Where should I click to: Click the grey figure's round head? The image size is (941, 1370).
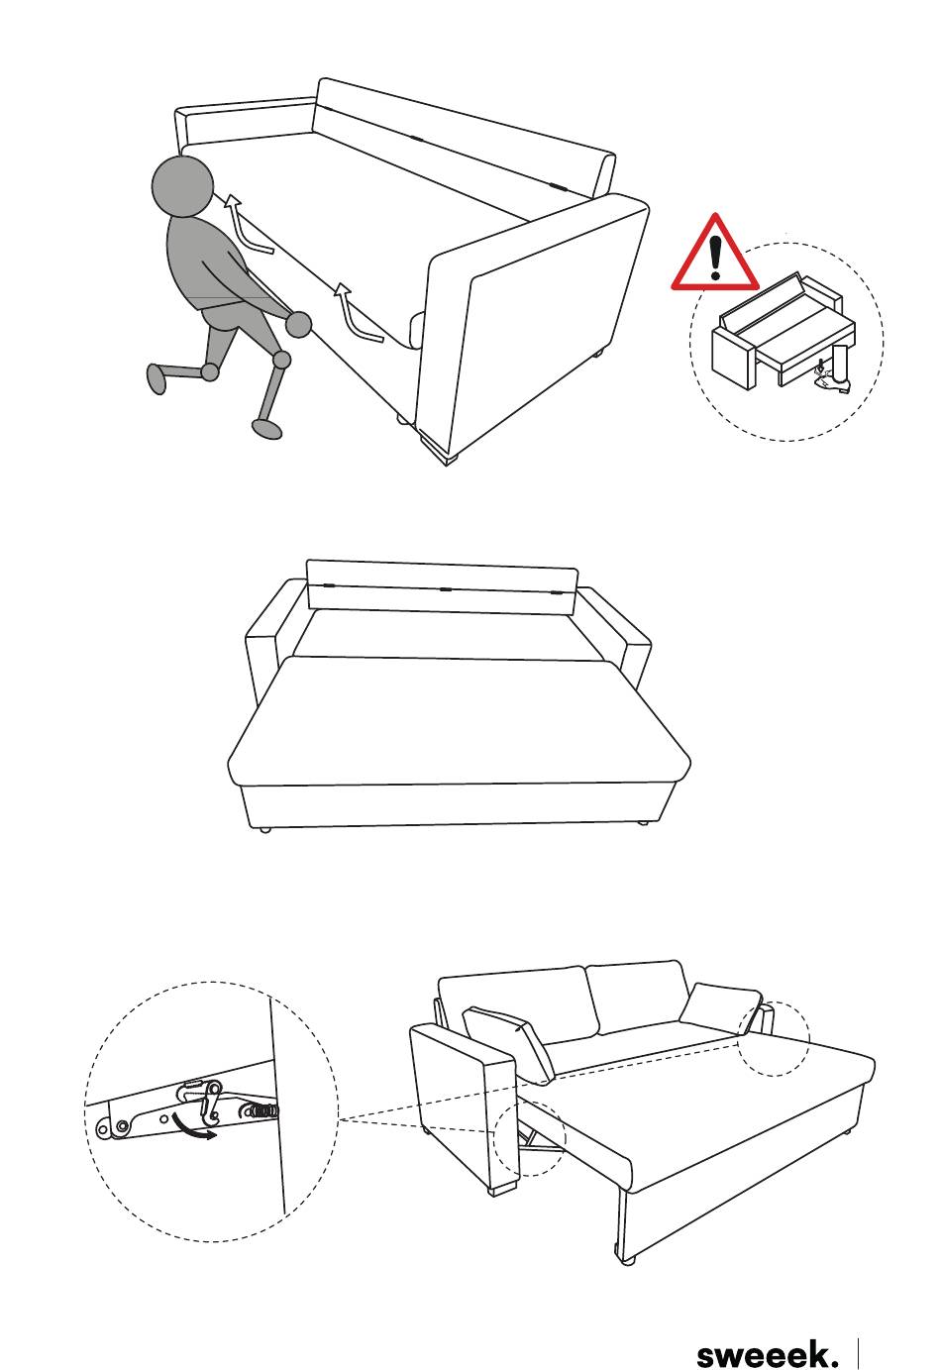(182, 186)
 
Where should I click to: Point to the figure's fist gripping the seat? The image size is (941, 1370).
(298, 324)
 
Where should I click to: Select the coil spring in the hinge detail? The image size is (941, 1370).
(261, 1108)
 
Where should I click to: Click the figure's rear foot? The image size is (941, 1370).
(157, 378)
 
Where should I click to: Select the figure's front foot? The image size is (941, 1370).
(267, 429)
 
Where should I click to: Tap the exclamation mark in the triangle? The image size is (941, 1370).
(715, 258)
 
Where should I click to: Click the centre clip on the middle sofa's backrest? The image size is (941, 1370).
(445, 589)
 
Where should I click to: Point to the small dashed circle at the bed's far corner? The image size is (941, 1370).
(773, 1038)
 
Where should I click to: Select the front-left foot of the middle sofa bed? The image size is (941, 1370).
(264, 830)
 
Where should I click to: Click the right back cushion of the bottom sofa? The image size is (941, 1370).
(638, 997)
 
